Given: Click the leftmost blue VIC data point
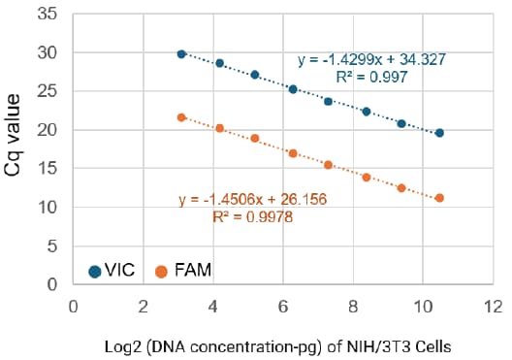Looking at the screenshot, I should (x=181, y=54).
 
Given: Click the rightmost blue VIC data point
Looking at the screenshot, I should (x=439, y=133).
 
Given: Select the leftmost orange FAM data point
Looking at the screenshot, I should (x=181, y=117).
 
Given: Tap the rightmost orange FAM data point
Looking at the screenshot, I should (x=439, y=198).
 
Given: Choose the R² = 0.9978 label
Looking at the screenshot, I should (x=252, y=218).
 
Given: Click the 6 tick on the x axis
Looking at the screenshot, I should (x=283, y=305).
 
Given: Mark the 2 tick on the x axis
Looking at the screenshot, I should (x=144, y=305).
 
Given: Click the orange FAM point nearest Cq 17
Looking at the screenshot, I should (x=293, y=153).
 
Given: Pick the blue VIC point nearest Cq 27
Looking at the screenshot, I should (x=255, y=75).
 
